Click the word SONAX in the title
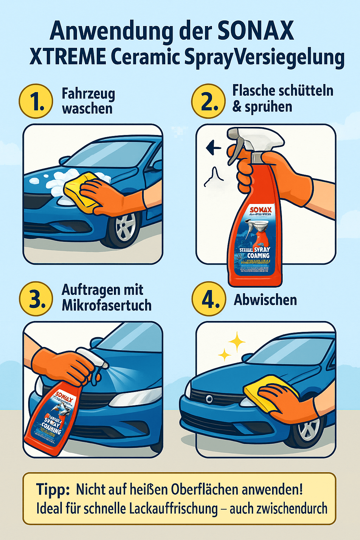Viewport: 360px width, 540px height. (x=255, y=31)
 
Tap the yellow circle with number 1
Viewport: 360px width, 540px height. (x=36, y=101)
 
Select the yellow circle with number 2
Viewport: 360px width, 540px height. (x=208, y=101)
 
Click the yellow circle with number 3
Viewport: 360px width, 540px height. (x=36, y=298)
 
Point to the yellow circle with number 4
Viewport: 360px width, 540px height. (x=208, y=298)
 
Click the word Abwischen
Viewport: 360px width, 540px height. (x=265, y=300)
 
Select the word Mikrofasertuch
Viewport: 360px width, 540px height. (x=107, y=306)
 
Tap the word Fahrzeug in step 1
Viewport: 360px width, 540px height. (x=88, y=94)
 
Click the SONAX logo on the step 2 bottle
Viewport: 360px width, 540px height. (x=261, y=210)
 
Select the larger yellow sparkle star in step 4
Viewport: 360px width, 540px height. (x=237, y=341)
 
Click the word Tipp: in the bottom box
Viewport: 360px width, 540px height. (x=53, y=490)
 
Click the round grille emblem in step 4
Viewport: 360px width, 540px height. (x=210, y=399)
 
